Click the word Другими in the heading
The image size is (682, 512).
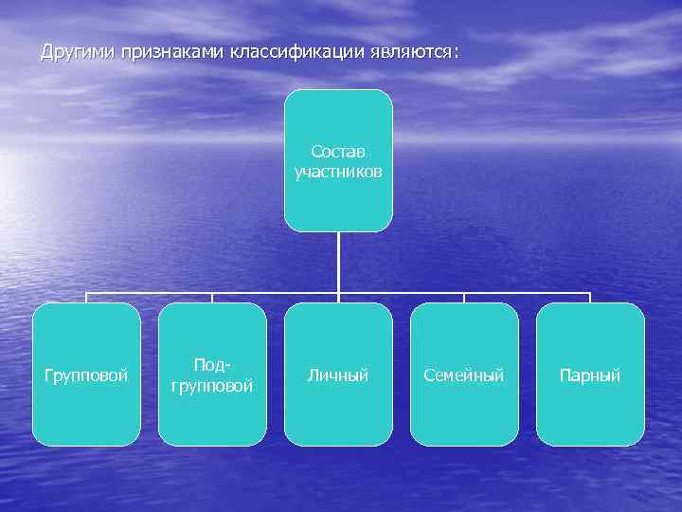click(x=79, y=52)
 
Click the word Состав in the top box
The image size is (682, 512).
click(x=338, y=152)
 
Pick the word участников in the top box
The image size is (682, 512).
click(x=338, y=172)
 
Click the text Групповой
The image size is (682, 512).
click(x=86, y=375)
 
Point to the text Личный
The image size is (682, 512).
click(x=338, y=375)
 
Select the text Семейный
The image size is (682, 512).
click(x=464, y=375)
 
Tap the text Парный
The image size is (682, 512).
click(x=590, y=375)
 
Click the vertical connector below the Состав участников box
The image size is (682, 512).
click(x=338, y=261)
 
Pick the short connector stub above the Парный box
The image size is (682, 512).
click(x=590, y=298)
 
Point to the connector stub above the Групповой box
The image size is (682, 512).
click(x=86, y=298)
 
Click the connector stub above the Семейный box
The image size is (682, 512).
click(x=464, y=298)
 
